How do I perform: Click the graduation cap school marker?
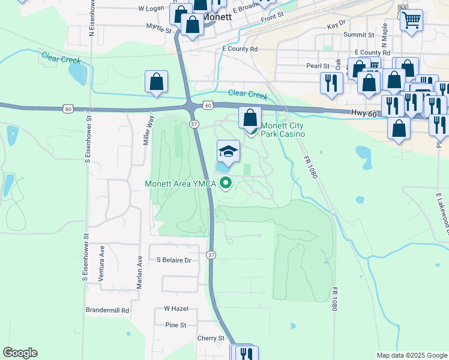coord(228,151)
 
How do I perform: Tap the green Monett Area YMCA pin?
coord(226,184)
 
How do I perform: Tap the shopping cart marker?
coord(411,20)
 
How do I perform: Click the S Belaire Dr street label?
coord(173,260)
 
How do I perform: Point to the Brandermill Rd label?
coord(107,311)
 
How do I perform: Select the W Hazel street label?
coord(176,308)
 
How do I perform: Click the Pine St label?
coord(175,325)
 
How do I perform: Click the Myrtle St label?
coord(159,27)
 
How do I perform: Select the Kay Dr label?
coord(337,26)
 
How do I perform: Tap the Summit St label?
coord(359,35)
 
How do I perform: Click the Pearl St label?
coord(318,66)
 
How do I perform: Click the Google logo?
coord(20,353)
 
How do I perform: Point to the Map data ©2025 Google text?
coord(411,355)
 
